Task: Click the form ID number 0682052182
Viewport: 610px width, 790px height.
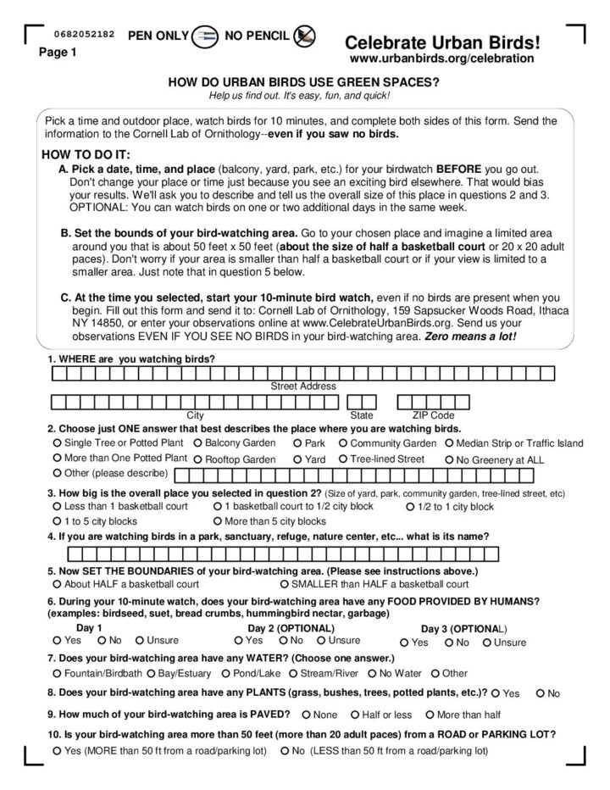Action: pos(84,34)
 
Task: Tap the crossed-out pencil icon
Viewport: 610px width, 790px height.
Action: pos(304,35)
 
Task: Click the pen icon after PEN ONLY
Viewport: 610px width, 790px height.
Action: pos(204,36)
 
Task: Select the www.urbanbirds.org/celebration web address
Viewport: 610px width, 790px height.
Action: pos(441,58)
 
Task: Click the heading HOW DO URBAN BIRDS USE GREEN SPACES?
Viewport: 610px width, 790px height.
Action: pos(304,82)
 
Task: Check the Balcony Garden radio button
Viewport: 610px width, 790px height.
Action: pos(197,442)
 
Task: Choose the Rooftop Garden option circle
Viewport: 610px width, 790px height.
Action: pos(197,459)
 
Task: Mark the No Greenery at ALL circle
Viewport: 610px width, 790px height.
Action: pos(449,459)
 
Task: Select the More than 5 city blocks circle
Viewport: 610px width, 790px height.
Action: pos(218,521)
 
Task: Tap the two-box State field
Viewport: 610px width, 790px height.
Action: pos(362,401)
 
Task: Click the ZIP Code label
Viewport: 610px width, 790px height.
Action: pos(433,415)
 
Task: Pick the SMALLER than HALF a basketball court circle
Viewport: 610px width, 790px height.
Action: pos(284,584)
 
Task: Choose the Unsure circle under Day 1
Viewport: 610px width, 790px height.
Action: pos(140,641)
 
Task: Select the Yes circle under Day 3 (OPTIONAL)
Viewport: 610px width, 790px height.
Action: pos(402,643)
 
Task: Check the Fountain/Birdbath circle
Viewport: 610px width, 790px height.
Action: pos(57,673)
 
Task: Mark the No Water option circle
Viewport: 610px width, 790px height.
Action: pos(372,673)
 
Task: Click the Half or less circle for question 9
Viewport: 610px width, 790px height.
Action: pos(355,714)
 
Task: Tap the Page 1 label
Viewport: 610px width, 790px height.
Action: pos(58,53)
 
